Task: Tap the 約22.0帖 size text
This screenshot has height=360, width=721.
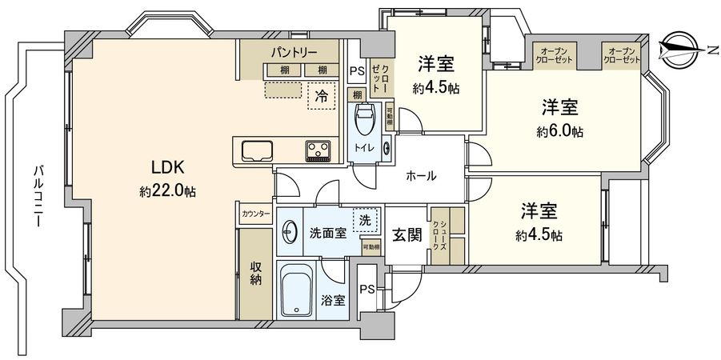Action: point(169,191)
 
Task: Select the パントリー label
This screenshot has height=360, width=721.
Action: point(292,52)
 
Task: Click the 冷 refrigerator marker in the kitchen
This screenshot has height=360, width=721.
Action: point(321,96)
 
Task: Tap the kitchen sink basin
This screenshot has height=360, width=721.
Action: point(254,150)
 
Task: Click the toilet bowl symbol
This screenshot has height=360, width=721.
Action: point(364,122)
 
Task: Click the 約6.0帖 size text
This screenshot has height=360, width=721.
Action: point(560,130)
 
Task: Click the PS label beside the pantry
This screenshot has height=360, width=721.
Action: point(356,70)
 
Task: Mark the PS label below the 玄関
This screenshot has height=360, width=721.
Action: point(366,289)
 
